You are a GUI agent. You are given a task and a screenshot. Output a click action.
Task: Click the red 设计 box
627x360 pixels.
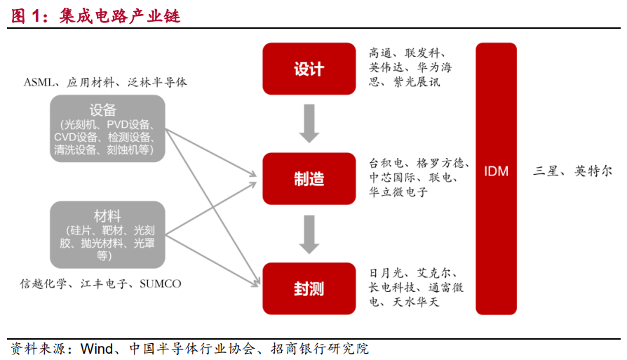pyautogui.click(x=309, y=69)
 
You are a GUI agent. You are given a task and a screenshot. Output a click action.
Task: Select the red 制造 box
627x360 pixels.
pyautogui.click(x=309, y=178)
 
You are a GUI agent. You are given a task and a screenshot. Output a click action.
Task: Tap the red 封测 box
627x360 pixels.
pyautogui.click(x=309, y=288)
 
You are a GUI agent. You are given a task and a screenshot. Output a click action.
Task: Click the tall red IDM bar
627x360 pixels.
pyautogui.click(x=496, y=178)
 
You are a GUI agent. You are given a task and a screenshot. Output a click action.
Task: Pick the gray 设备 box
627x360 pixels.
pyautogui.click(x=107, y=128)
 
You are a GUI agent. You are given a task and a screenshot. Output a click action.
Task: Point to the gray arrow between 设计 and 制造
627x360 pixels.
pyautogui.click(x=309, y=124)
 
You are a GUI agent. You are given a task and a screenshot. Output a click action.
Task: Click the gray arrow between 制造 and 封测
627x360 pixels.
pyautogui.click(x=309, y=234)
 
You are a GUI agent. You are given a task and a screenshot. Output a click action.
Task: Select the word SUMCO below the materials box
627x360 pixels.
pyautogui.click(x=160, y=284)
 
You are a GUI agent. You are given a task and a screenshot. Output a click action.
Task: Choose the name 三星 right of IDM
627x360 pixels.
pyautogui.click(x=547, y=171)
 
